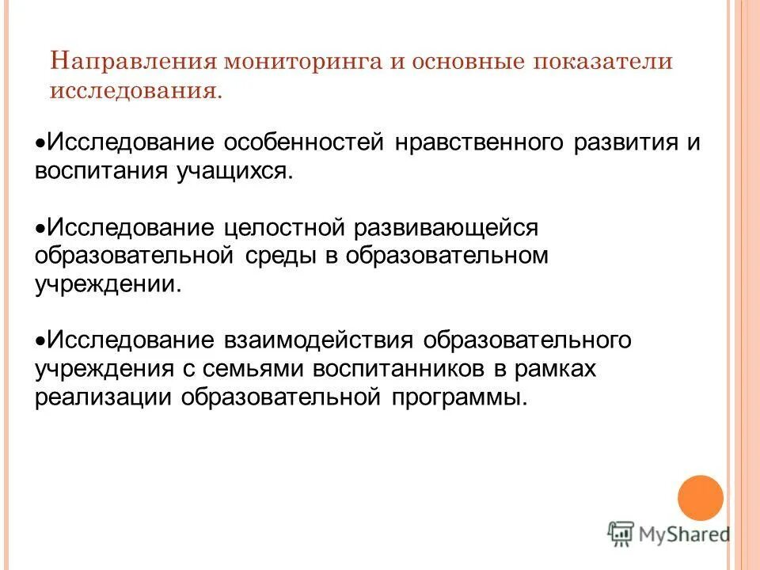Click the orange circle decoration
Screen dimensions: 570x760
701,498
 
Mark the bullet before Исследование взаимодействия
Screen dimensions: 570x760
41,340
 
